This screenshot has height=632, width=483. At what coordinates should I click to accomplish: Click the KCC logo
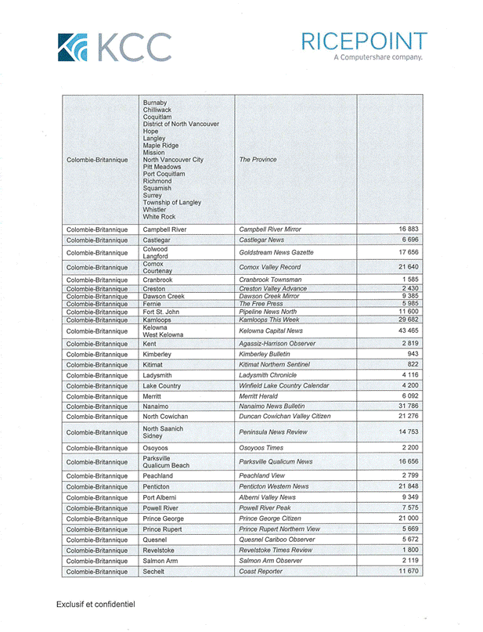114,47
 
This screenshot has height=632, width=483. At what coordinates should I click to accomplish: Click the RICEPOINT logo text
364,42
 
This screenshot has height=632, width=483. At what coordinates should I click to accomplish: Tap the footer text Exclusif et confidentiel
96,605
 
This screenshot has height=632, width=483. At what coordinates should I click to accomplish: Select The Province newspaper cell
258,160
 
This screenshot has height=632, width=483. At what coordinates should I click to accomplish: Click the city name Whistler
156,209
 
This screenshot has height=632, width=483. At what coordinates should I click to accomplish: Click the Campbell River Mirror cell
271,229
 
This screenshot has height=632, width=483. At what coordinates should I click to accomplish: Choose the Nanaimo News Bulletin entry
272,406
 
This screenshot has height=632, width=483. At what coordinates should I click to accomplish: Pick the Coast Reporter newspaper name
261,572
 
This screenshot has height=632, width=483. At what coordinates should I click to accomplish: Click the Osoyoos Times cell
262,447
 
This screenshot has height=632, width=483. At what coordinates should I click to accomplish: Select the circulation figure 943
413,354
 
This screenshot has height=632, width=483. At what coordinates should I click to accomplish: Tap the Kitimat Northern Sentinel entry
274,365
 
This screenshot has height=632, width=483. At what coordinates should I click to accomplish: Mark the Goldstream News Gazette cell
276,253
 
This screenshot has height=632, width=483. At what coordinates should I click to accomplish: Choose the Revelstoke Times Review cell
275,551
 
